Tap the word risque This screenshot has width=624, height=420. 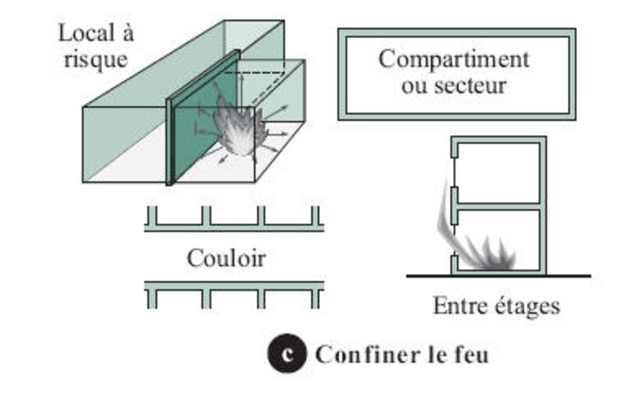coord(96,61)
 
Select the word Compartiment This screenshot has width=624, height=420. coord(454,60)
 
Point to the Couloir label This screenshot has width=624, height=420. coord(226,259)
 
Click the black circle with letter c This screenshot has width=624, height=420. coord(287,353)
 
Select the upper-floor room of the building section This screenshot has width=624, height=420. coord(498,173)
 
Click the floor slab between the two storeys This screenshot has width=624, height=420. coord(498,206)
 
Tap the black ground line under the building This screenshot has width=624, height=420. coord(498,275)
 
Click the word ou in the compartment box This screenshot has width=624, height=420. coord(415,86)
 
